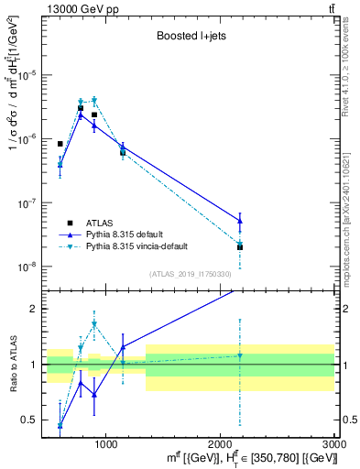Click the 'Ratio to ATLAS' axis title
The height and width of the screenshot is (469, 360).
point(12,364)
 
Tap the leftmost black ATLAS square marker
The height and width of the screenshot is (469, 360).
point(60,144)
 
